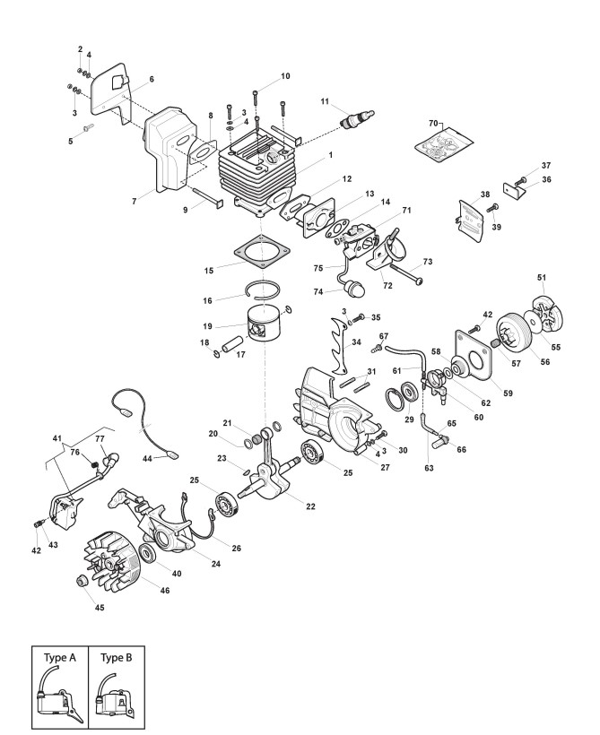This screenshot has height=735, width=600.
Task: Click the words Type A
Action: [x=61, y=657]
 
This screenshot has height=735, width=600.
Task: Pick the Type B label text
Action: [x=117, y=657]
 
